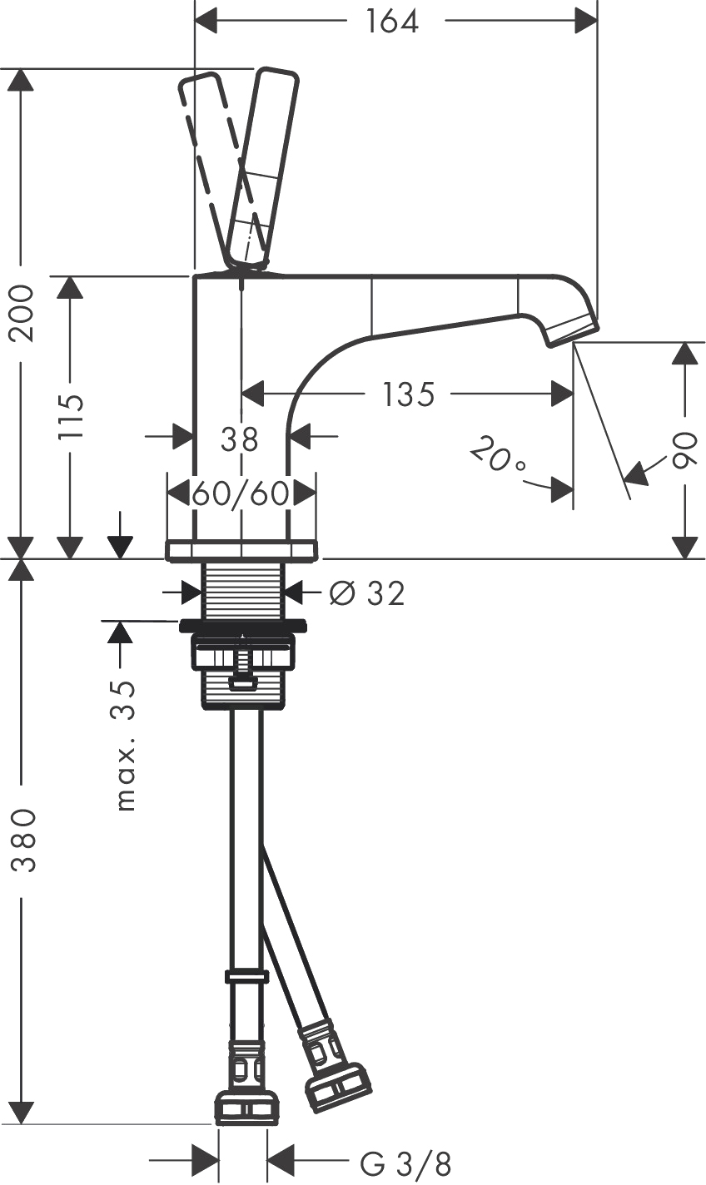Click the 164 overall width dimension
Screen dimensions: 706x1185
pyautogui.click(x=393, y=22)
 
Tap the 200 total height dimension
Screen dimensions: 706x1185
pyautogui.click(x=23, y=313)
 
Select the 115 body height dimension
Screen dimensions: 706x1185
pyautogui.click(x=71, y=416)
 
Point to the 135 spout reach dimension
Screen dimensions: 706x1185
pyautogui.click(x=408, y=394)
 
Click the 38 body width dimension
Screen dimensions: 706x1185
pyautogui.click(x=239, y=439)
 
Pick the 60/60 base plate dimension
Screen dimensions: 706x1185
pyautogui.click(x=241, y=494)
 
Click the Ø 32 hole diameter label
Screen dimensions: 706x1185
pyautogui.click(x=367, y=593)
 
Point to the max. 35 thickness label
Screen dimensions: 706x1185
pyautogui.click(x=125, y=746)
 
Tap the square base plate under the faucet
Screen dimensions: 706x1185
pyautogui.click(x=242, y=550)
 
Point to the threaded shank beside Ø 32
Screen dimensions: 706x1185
pyautogui.click(x=243, y=590)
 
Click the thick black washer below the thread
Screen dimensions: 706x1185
pyautogui.click(x=243, y=625)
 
